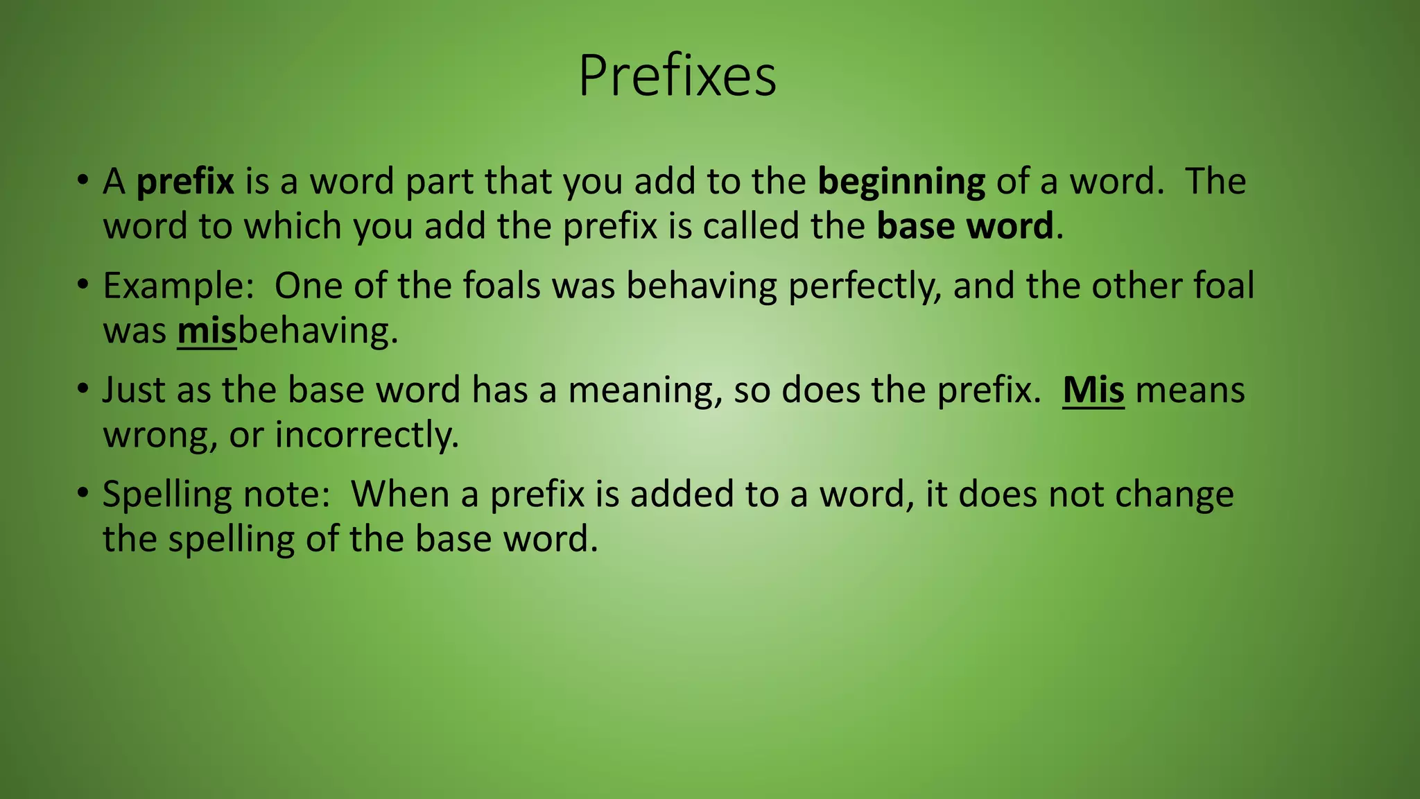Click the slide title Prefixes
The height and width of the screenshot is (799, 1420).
pyautogui.click(x=677, y=76)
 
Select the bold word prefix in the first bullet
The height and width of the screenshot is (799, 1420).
pyautogui.click(x=185, y=182)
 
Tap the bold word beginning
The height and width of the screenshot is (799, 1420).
pyautogui.click(x=901, y=182)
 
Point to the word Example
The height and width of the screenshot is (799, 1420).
pyautogui.click(x=178, y=286)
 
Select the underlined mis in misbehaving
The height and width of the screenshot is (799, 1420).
pyautogui.click(x=207, y=331)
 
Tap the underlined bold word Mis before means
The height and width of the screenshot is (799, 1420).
pyautogui.click(x=1093, y=390)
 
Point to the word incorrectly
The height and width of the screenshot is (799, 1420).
pyautogui.click(x=367, y=436)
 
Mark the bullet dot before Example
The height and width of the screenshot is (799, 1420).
pyautogui.click(x=83, y=284)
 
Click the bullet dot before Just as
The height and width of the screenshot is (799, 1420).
pyautogui.click(x=83, y=388)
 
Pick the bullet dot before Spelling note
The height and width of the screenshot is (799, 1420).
pyautogui.click(x=83, y=493)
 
